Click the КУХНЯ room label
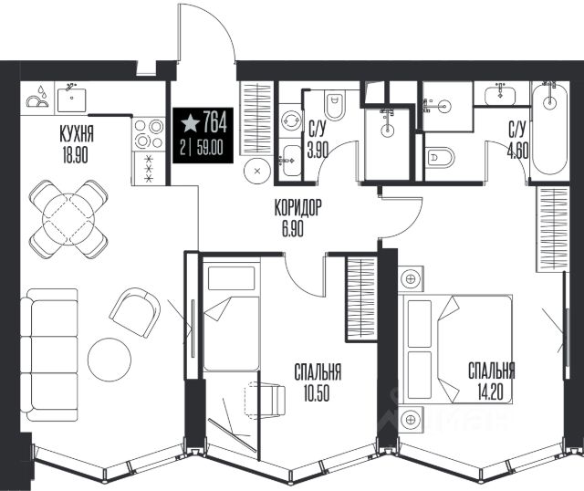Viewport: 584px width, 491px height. point(77,134)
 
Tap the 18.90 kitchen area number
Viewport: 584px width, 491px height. point(75,155)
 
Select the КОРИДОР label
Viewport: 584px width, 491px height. point(297,208)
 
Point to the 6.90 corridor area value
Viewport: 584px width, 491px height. point(292,228)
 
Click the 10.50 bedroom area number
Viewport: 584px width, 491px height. point(317,393)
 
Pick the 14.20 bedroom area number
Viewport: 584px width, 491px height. point(490,392)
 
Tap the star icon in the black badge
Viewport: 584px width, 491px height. point(190,123)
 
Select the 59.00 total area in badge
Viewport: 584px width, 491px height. point(210,148)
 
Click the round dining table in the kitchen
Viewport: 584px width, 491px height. point(68,219)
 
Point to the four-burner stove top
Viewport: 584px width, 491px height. point(149,133)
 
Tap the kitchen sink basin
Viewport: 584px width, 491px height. point(71,99)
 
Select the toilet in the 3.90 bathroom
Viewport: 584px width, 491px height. point(335,104)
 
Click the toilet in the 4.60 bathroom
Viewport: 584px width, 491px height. point(440,159)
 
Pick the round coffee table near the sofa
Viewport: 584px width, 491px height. point(109,359)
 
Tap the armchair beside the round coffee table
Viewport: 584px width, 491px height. point(135,312)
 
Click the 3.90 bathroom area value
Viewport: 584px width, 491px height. point(318,151)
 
